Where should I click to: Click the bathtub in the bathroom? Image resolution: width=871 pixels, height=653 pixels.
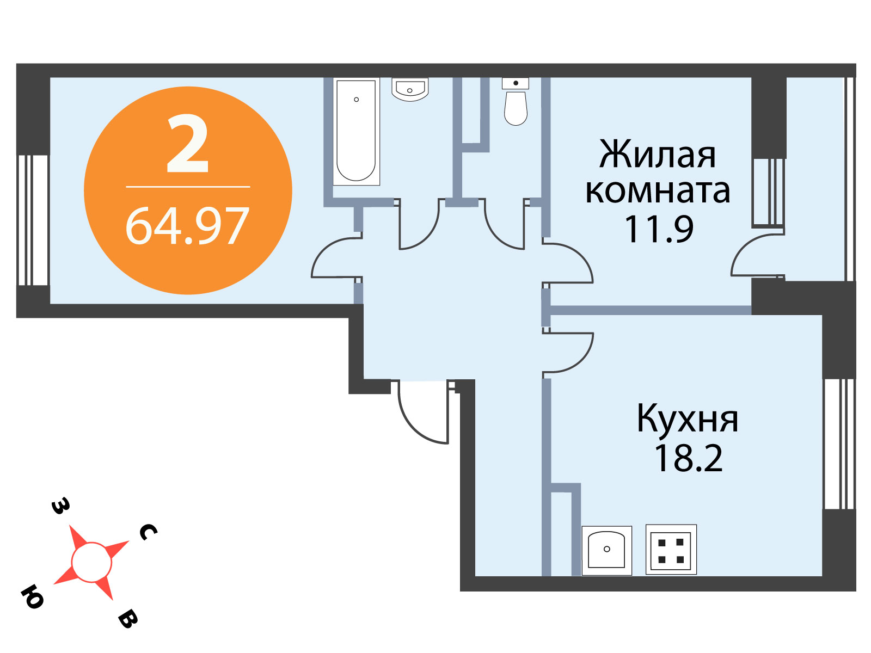pyautogui.click(x=356, y=131)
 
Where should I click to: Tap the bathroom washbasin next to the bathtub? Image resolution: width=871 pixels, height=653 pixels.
pyautogui.click(x=410, y=89)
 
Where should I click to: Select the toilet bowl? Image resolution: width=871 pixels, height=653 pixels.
pyautogui.click(x=516, y=102)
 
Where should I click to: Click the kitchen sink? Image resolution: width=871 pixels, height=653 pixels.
pyautogui.click(x=607, y=551)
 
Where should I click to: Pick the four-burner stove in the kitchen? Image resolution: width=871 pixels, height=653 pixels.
pyautogui.click(x=671, y=550)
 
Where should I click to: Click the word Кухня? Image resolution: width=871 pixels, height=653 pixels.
pyautogui.click(x=688, y=418)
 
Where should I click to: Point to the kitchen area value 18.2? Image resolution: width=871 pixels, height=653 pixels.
pyautogui.click(x=689, y=458)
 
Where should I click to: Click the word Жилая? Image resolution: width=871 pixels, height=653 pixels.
pyautogui.click(x=658, y=155)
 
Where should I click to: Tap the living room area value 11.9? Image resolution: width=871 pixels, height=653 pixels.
pyautogui.click(x=659, y=229)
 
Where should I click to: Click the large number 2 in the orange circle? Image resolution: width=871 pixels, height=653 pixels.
pyautogui.click(x=188, y=144)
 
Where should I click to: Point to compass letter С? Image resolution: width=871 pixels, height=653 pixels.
pyautogui.click(x=149, y=532)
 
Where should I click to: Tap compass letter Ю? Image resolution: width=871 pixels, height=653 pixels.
pyautogui.click(x=33, y=597)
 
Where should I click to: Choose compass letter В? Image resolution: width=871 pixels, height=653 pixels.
pyautogui.click(x=128, y=619)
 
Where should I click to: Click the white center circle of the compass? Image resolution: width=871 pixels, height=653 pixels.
pyautogui.click(x=91, y=562)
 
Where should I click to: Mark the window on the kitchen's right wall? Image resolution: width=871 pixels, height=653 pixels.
pyautogui.click(x=839, y=444)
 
